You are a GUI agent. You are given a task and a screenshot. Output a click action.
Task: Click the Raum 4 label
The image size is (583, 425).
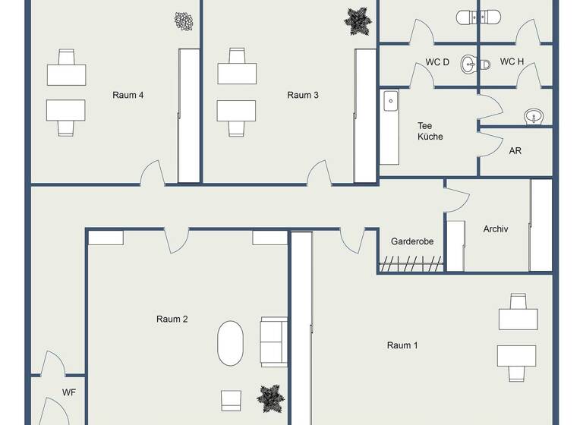coord(128,95)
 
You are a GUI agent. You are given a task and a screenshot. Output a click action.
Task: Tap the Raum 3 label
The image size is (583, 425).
coord(303,95)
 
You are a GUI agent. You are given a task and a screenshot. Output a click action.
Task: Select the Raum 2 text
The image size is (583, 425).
coord(172,319)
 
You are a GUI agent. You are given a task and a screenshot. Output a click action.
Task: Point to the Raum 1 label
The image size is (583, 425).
coord(402,345)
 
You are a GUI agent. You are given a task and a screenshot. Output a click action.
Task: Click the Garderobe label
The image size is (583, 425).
coord(412,241)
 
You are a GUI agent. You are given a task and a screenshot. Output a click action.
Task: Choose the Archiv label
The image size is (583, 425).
coord(495,228)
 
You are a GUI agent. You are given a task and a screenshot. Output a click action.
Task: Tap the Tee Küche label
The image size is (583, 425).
coord(430,131)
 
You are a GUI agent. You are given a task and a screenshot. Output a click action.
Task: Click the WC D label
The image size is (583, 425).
coord(437,61)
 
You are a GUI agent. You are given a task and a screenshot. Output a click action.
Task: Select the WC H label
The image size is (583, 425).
coord(512,61)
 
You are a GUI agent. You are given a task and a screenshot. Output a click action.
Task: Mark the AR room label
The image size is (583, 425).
coord(515,150)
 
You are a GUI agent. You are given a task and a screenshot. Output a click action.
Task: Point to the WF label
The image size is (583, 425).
coord(69,392)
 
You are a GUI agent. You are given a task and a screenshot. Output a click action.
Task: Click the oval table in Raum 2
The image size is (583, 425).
coord(231,344)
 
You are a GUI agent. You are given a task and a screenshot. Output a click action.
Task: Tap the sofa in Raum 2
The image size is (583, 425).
coord(273,342)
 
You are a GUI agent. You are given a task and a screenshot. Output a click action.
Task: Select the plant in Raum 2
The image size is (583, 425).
coord(271,398)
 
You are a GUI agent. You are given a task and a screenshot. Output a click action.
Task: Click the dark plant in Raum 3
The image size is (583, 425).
coord(358,20)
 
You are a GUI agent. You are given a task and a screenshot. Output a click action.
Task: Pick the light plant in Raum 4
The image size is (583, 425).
coord(184,21)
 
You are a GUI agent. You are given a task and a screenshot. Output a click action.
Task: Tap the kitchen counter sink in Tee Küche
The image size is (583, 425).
coord(391,99)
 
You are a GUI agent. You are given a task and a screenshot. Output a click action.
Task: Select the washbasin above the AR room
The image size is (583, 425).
coord(534,116)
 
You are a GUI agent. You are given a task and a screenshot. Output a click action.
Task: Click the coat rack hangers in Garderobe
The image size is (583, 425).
coord(411,264)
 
